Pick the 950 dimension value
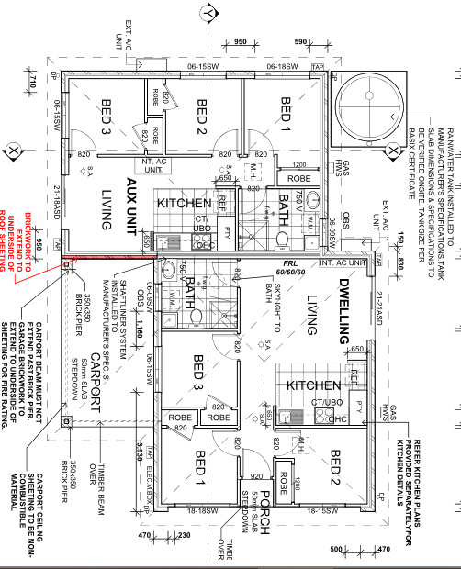[242, 43]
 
